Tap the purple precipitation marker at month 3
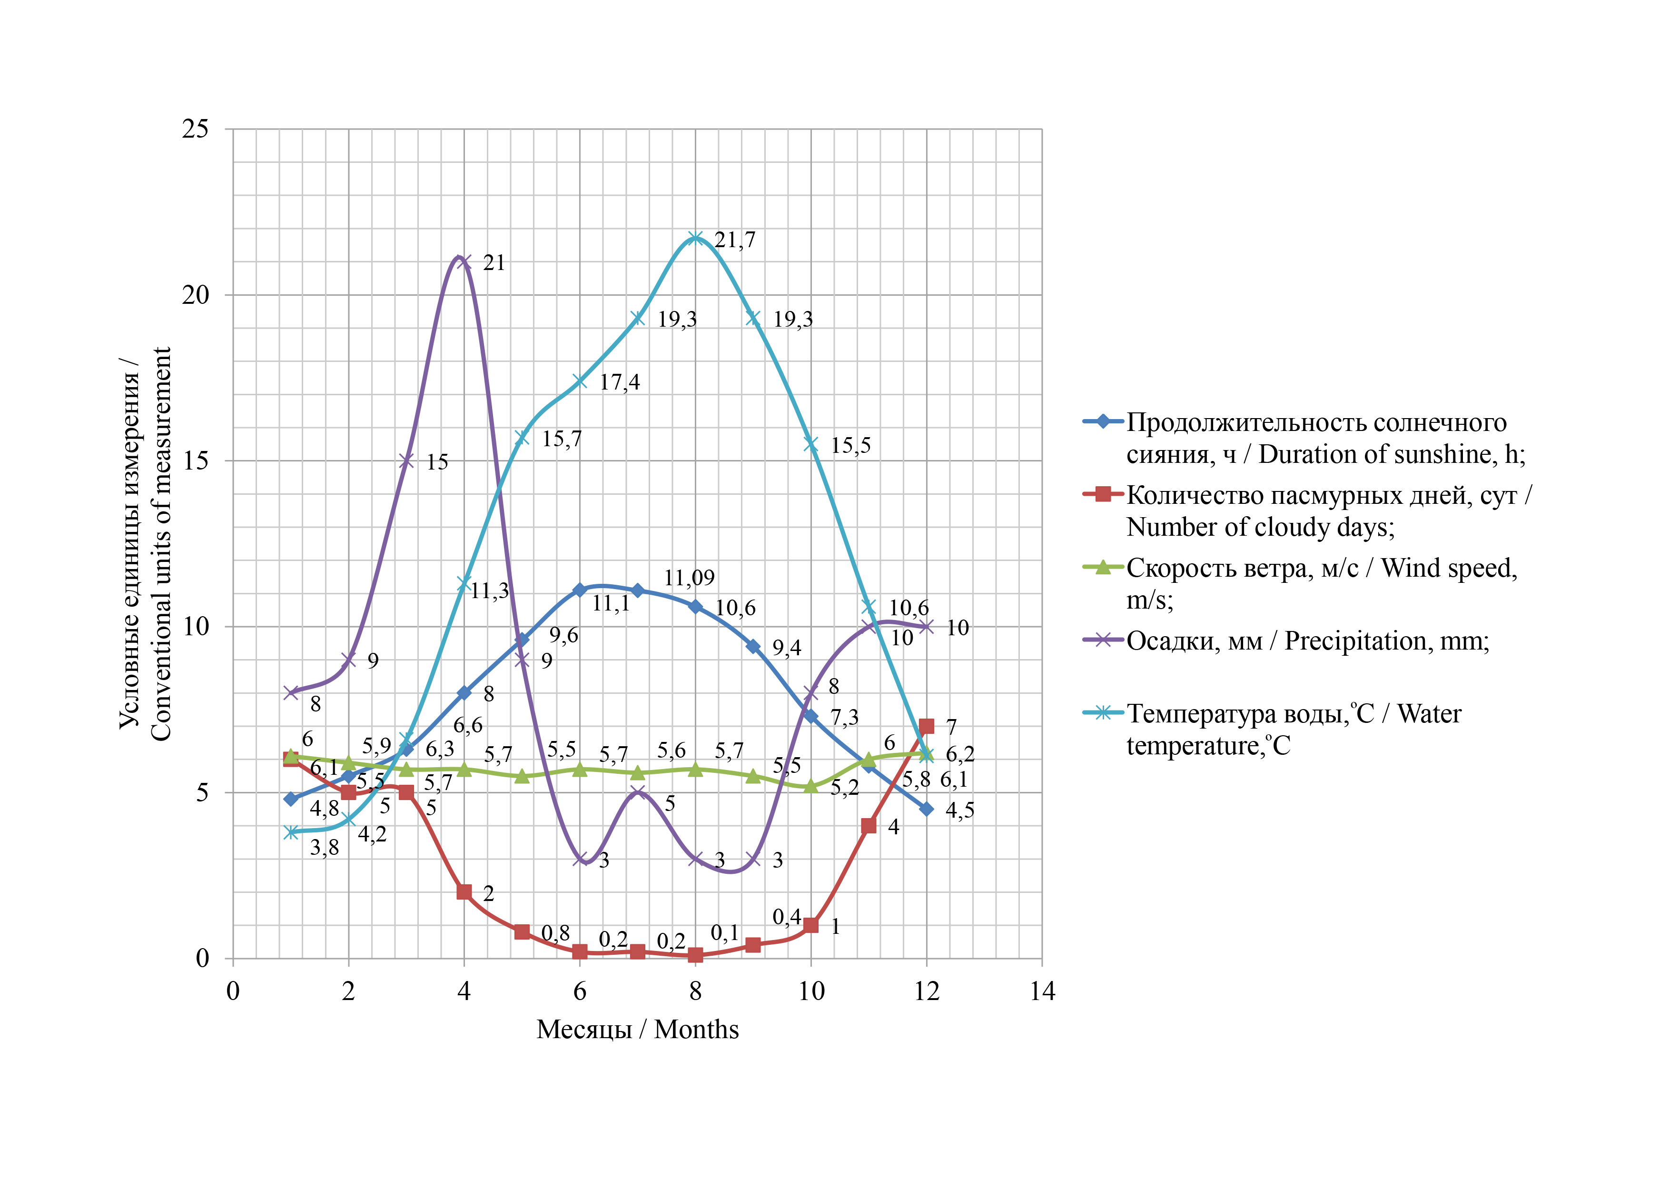click(x=406, y=460)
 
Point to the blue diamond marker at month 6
click(x=579, y=590)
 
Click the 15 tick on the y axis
click(x=195, y=460)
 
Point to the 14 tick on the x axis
click(x=1042, y=991)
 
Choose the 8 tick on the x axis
click(x=696, y=991)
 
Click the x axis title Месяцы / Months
click(x=638, y=1029)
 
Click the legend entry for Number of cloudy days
click(x=1327, y=510)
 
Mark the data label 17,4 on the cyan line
click(x=619, y=382)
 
